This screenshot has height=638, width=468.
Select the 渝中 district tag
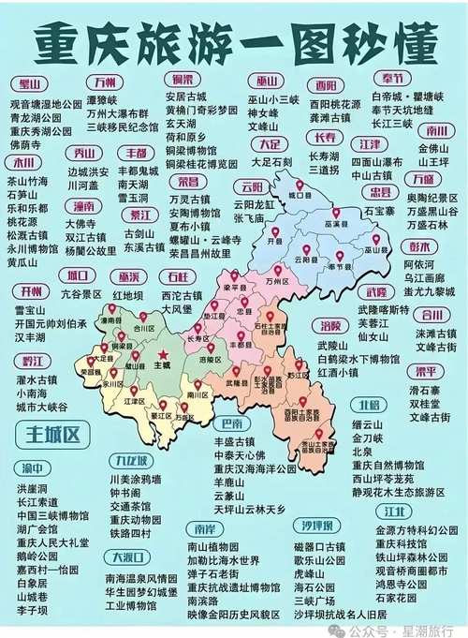click(x=33, y=468)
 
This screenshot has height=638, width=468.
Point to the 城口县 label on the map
click(x=300, y=197)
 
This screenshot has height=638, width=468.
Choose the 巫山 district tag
click(x=269, y=81)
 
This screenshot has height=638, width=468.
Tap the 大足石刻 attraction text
click(x=269, y=161)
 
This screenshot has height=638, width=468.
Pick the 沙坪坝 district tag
click(x=315, y=526)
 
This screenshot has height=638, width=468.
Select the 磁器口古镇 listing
click(x=321, y=546)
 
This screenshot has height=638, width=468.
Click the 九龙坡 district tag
click(x=128, y=461)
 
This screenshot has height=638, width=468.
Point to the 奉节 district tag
click(x=392, y=78)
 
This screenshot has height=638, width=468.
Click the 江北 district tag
click(x=394, y=512)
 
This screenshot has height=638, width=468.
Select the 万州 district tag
click(x=105, y=81)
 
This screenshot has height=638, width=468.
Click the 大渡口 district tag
click(x=124, y=558)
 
